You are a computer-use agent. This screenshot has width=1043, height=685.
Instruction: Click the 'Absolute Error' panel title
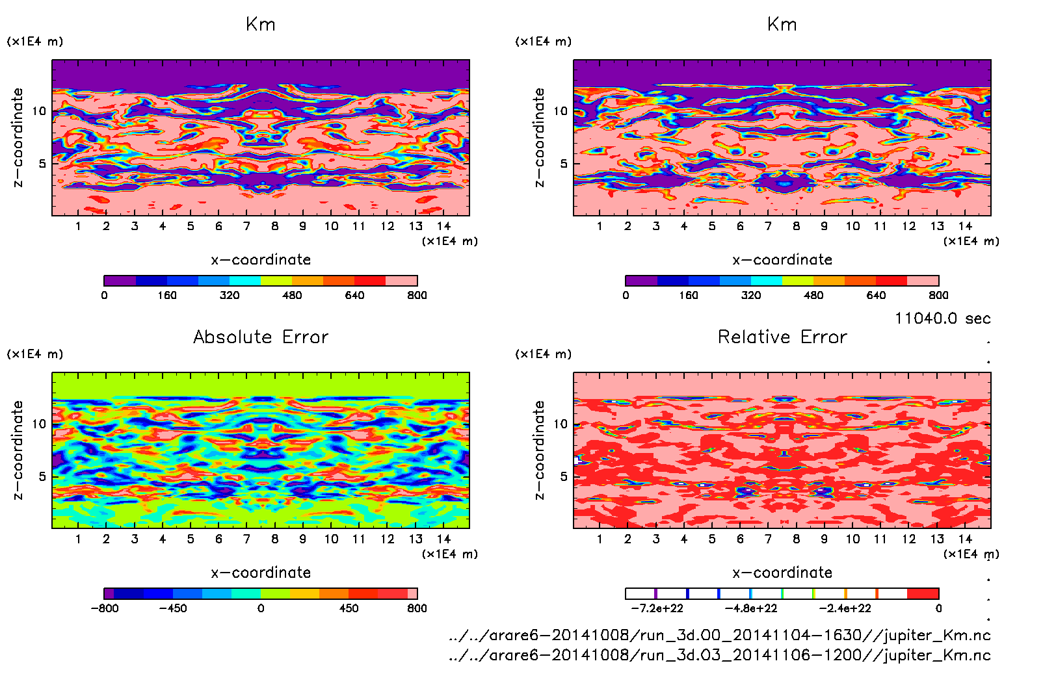[x=261, y=337]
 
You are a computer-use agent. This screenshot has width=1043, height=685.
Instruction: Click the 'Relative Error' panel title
[x=782, y=337]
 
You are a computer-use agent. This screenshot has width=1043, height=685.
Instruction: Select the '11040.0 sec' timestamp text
[x=942, y=318]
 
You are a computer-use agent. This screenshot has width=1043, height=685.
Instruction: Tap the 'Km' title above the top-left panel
[x=261, y=25]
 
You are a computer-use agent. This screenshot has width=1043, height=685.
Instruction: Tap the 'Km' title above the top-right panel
[x=782, y=25]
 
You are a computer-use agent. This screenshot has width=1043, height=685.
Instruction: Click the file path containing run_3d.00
[x=719, y=635]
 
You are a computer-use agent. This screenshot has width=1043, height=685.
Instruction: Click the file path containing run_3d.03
[x=719, y=655]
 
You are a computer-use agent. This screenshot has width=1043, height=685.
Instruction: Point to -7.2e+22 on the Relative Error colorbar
[x=657, y=608]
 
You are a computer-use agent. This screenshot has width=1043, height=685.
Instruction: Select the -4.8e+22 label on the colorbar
[x=751, y=608]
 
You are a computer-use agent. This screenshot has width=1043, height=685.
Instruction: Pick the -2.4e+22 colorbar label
[x=845, y=608]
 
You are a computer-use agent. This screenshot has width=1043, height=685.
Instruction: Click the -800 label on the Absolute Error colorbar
[x=105, y=608]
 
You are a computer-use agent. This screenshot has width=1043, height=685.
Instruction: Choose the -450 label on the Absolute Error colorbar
[x=173, y=608]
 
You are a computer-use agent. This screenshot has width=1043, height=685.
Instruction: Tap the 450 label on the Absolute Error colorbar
[x=349, y=608]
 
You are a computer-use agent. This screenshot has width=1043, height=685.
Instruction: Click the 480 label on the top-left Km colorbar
[x=292, y=295]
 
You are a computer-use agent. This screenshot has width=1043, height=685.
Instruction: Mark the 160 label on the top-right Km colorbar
[x=688, y=295]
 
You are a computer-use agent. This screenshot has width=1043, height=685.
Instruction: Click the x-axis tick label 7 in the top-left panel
[x=246, y=226]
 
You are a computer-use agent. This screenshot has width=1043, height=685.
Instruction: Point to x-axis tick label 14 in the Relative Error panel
[x=965, y=539]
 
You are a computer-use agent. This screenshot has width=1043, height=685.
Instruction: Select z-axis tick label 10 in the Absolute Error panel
[x=39, y=424]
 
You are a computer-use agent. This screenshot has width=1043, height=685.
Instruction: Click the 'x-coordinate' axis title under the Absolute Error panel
[x=261, y=573]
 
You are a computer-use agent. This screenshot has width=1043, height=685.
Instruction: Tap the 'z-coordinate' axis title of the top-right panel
[x=539, y=138]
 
